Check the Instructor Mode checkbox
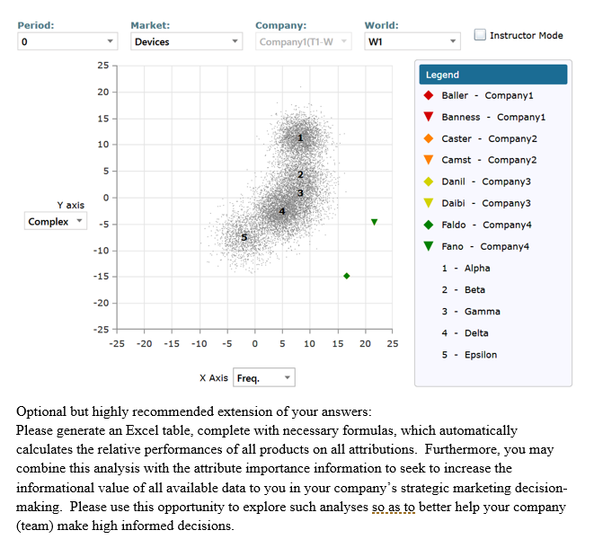point(481,35)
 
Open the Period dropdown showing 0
point(67,41)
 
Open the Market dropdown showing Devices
point(185,41)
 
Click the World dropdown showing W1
point(412,41)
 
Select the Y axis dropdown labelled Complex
point(54,221)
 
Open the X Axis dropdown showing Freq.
point(263,378)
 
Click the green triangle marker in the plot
point(374,222)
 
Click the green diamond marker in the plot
point(347,276)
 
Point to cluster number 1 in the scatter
point(302,137)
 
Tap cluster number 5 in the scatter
point(244,236)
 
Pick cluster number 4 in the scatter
point(282,211)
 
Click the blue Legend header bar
point(492,75)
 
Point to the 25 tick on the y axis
point(102,66)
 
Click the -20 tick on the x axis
point(144,344)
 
